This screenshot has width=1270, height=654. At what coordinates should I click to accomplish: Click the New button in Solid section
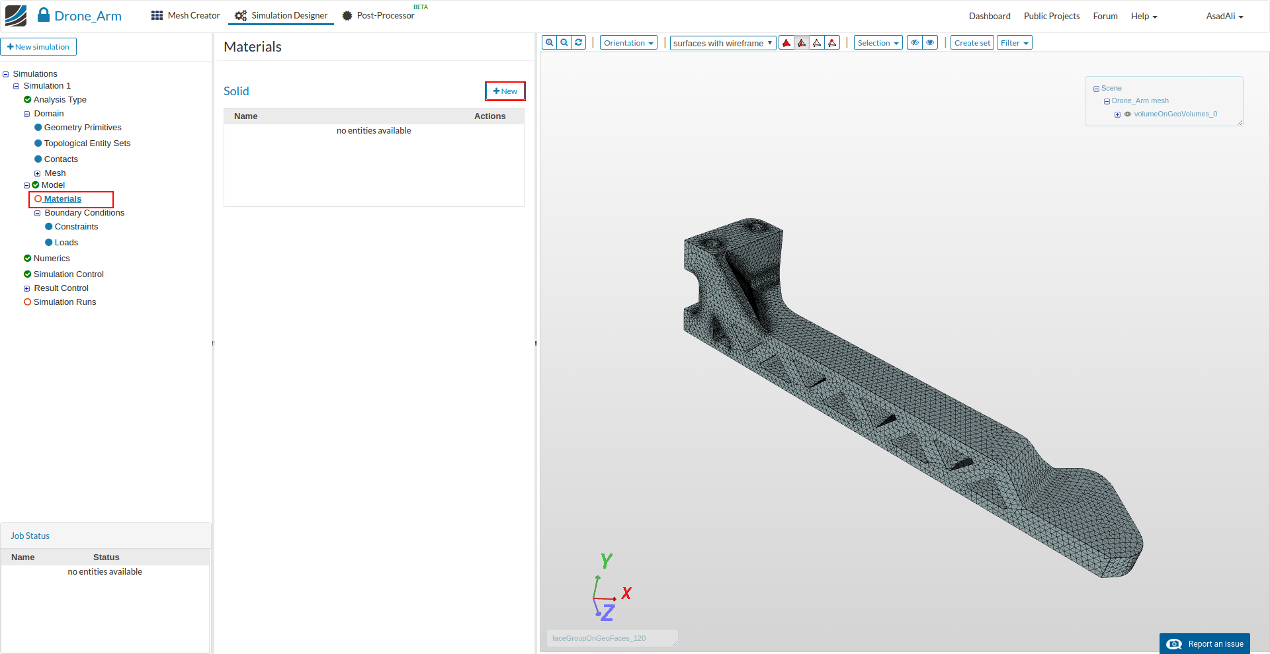(x=505, y=91)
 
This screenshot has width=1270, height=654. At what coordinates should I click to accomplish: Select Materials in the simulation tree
(x=63, y=199)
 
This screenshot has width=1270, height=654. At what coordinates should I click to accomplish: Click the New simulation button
(x=38, y=47)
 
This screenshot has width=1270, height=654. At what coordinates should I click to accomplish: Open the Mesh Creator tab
(x=186, y=16)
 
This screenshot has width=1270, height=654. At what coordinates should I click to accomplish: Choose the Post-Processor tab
(x=378, y=16)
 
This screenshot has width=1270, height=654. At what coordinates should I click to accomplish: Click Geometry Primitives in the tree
(x=83, y=128)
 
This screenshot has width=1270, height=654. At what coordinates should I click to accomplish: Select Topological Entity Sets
(x=87, y=143)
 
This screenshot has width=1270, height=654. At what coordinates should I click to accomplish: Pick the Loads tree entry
(x=66, y=243)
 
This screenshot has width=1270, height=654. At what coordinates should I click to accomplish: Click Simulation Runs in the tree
(x=65, y=302)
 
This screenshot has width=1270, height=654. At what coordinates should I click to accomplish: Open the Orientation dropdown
(x=628, y=43)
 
